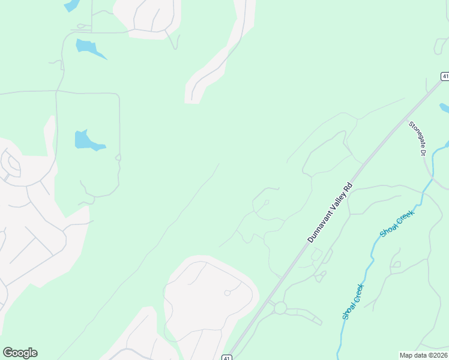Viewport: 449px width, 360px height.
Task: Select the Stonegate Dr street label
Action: (417, 139)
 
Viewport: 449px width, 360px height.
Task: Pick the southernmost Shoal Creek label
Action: (353, 302)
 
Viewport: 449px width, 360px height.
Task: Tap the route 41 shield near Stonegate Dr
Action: (445, 76)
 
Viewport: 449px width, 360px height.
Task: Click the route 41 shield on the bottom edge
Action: (226, 357)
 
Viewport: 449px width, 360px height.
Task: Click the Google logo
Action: (20, 353)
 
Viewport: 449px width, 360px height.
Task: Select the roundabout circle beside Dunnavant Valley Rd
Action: (280, 308)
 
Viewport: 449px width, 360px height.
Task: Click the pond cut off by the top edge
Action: (71, 5)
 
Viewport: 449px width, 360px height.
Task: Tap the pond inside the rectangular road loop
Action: (87, 140)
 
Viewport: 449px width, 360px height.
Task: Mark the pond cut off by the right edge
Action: (445, 109)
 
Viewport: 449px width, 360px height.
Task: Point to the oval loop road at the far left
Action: (10, 163)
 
